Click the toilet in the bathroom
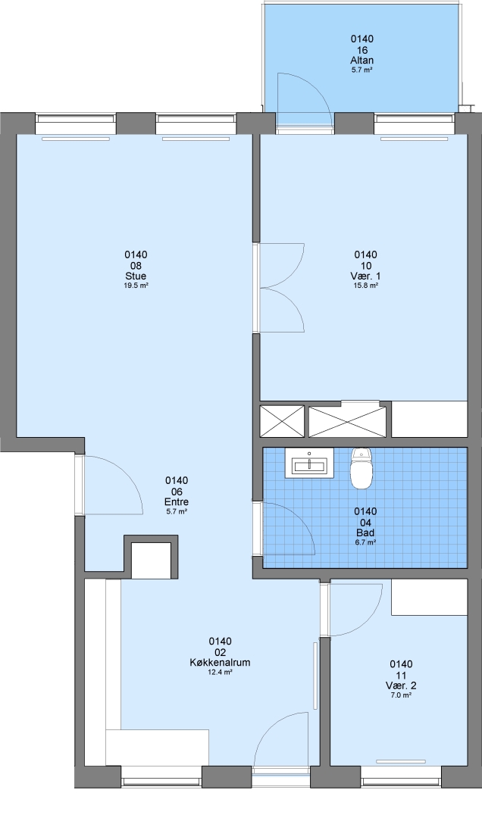(x=361, y=468)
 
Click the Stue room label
(x=136, y=276)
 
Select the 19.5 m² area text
(x=136, y=286)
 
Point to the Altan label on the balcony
(x=362, y=60)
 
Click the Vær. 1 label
(x=365, y=276)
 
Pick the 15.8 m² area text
(x=365, y=286)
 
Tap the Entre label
(x=177, y=502)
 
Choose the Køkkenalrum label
(x=220, y=663)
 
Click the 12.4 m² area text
(x=220, y=672)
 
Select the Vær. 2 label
(x=401, y=685)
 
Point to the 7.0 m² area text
(x=401, y=695)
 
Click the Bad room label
(x=365, y=532)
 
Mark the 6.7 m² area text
(x=365, y=542)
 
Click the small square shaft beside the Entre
(x=152, y=560)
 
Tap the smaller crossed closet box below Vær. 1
(x=282, y=421)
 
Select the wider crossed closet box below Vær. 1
(x=347, y=421)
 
